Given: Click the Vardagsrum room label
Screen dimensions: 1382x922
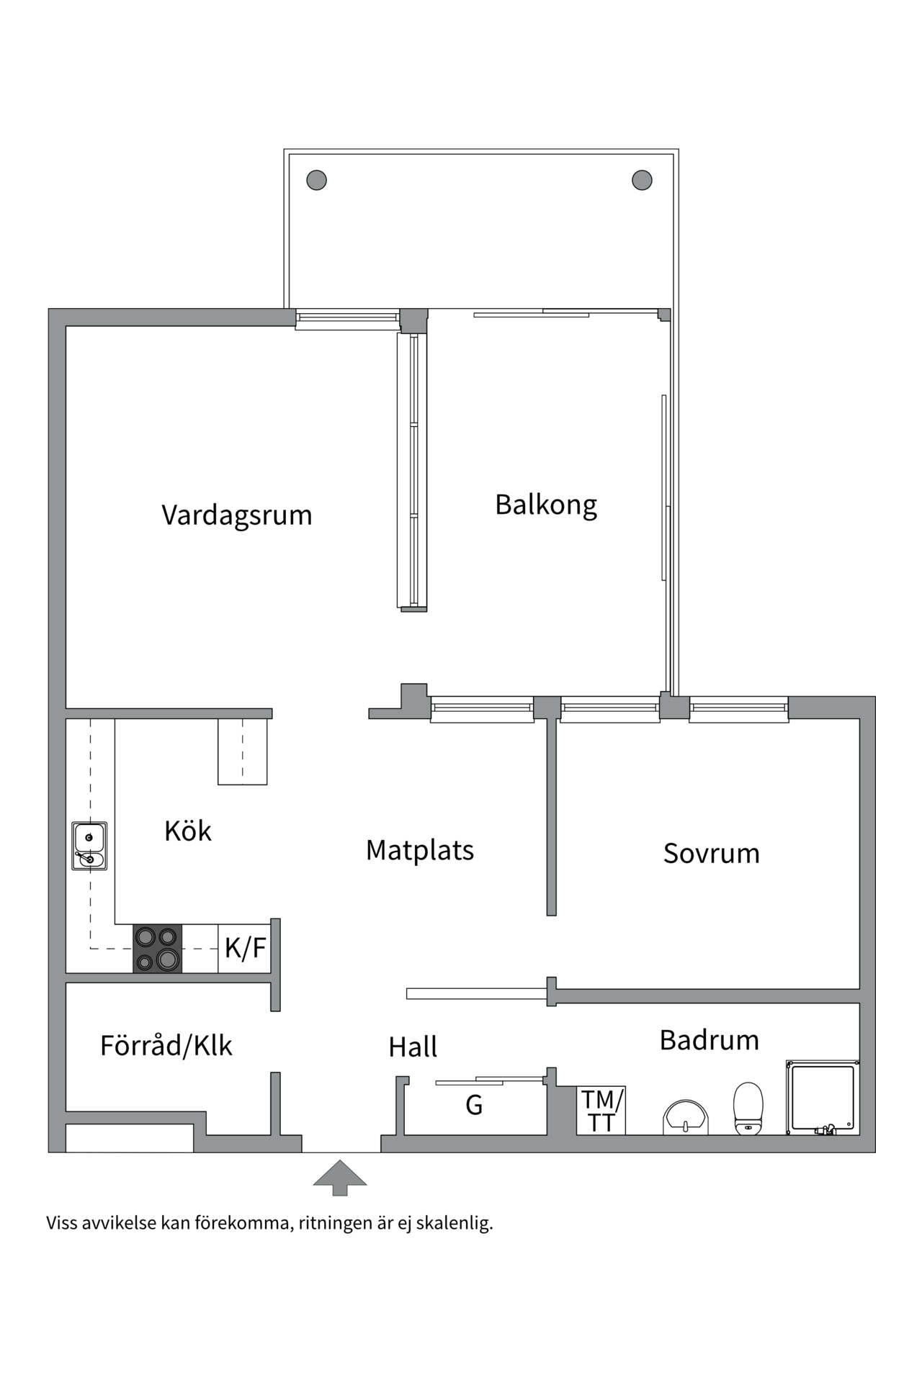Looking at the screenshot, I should point(236,515).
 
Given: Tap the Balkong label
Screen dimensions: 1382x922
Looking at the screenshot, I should point(546,505).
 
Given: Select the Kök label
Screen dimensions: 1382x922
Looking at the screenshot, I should point(187,831).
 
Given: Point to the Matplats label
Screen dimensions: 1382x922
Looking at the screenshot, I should point(419,850).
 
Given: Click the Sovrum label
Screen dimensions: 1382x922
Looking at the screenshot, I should point(711,854).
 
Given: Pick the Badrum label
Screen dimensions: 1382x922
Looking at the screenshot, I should point(709,1040).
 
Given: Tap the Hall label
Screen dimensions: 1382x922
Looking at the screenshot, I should point(413,1047).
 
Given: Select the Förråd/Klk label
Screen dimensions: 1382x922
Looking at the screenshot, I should point(166,1046).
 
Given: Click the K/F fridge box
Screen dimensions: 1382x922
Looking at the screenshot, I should point(245,949).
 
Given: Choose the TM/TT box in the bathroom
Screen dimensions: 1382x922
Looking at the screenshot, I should point(601,1111).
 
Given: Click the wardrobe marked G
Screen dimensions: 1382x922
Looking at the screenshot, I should point(473,1105).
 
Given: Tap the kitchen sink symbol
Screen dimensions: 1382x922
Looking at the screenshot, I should point(89,846).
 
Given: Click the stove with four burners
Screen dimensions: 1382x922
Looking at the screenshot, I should point(157,949).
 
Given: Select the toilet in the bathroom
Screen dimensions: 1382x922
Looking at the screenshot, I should point(748,1109).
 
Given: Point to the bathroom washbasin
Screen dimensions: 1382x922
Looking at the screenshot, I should point(685,1118).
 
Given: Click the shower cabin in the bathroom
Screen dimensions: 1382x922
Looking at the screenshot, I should point(823,1098).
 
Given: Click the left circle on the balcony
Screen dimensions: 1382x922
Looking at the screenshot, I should point(316,180).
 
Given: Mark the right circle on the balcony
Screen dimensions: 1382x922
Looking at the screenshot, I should point(642,180).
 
